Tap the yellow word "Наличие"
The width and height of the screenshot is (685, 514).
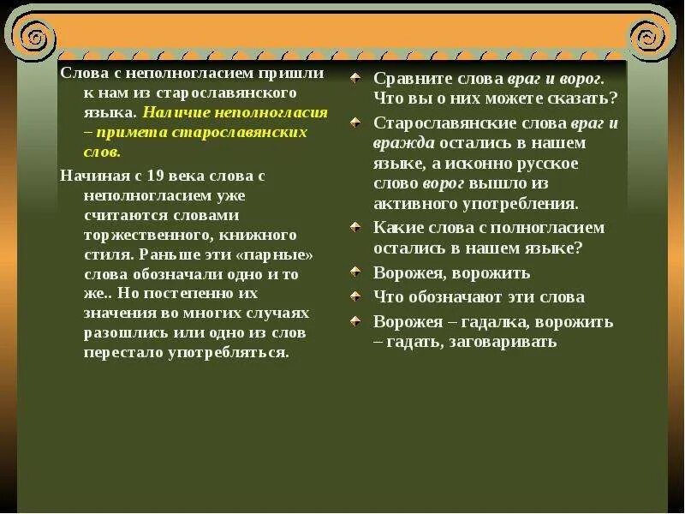click(x=172, y=112)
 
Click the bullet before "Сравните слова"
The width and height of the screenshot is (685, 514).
click(x=355, y=78)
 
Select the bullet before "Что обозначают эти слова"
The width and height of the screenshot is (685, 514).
click(x=355, y=296)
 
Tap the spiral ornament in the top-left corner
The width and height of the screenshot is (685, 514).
click(x=38, y=36)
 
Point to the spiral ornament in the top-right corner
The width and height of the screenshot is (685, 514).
click(x=647, y=36)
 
